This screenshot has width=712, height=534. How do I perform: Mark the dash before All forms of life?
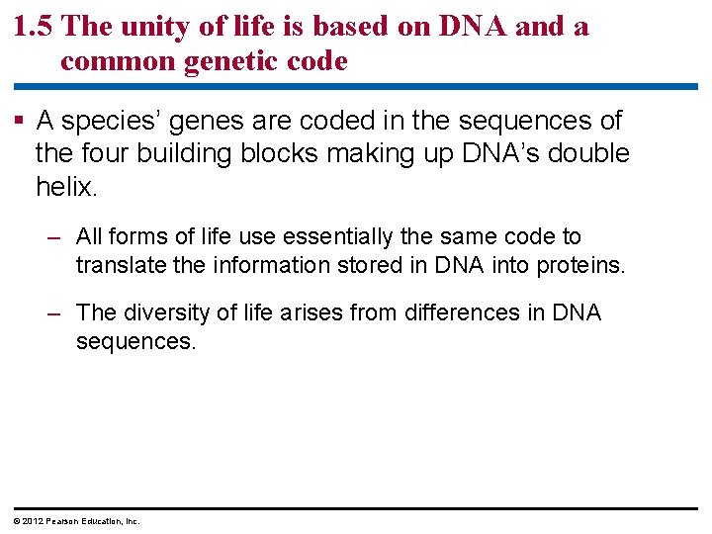coord(56,237)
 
